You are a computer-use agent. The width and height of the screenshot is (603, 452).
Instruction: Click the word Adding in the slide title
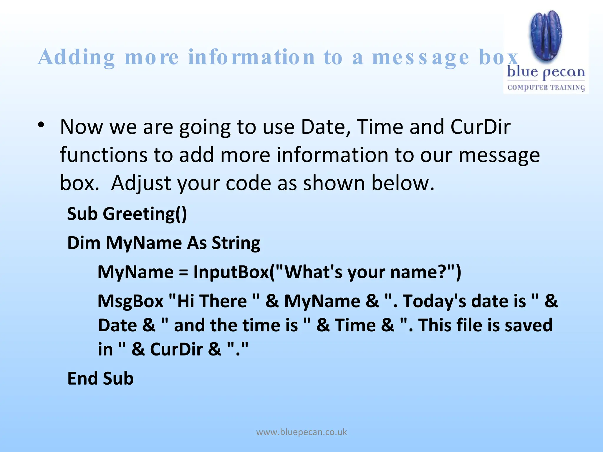(x=76, y=58)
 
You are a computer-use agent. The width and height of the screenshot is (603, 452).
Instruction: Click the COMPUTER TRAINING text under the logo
(x=546, y=88)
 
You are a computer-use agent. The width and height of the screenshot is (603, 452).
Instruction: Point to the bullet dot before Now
(x=41, y=125)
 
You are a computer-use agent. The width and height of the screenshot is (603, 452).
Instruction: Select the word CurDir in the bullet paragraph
(x=480, y=127)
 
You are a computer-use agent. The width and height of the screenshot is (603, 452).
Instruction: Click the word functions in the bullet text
(x=103, y=155)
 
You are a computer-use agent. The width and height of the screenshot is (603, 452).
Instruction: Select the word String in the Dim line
(x=236, y=243)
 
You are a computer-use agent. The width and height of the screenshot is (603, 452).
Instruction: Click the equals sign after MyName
(x=183, y=272)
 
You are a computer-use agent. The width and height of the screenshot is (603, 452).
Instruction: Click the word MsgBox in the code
(x=130, y=301)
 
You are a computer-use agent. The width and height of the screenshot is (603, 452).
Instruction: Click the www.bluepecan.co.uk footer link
(x=301, y=432)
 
